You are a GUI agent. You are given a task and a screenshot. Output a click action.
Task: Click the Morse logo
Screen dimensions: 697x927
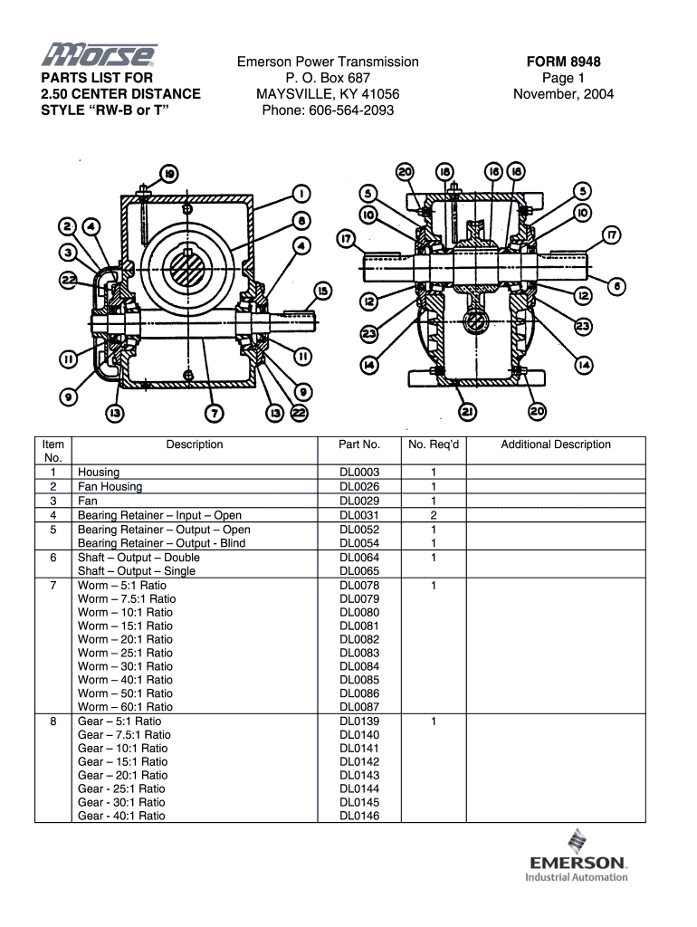point(99,55)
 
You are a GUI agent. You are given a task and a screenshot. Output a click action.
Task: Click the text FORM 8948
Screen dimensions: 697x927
point(563,62)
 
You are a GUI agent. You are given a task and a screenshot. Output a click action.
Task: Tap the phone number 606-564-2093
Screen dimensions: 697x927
point(351,110)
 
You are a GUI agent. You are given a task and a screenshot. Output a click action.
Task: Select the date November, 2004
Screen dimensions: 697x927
point(563,94)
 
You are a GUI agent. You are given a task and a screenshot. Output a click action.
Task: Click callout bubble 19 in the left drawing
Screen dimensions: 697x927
point(169,174)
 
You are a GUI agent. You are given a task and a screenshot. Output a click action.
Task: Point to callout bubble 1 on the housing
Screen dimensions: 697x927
point(301,194)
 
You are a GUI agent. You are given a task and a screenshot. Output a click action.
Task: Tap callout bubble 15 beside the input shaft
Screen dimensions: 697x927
point(323,291)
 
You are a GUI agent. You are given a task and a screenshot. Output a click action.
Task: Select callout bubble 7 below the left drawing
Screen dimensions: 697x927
point(214,413)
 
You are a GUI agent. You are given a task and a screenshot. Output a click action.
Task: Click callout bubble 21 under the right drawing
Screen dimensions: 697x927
point(468,412)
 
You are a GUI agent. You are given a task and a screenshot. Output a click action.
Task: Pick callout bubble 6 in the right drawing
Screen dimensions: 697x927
point(616,287)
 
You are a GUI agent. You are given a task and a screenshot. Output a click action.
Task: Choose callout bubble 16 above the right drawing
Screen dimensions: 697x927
point(493,171)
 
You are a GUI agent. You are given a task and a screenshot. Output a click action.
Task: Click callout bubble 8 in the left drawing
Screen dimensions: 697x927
point(301,221)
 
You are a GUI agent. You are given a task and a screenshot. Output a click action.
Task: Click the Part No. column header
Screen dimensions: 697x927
point(359,444)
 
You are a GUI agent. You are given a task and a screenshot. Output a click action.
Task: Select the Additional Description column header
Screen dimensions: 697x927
point(556,444)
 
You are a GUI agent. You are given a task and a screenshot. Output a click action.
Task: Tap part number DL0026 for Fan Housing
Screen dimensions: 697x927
point(359,486)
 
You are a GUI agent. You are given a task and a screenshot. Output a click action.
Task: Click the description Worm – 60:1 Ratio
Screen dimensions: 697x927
point(125,706)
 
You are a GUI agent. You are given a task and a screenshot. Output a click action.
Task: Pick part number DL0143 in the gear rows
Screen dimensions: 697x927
point(359,775)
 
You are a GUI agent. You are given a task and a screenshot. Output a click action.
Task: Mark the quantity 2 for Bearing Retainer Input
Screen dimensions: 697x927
point(434,515)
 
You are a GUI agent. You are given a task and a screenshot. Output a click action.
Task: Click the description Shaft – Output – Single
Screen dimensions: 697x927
point(137,571)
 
